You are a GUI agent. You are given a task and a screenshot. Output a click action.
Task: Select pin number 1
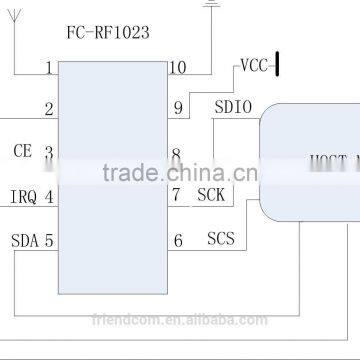[48, 69]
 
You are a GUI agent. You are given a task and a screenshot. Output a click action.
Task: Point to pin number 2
[48, 110]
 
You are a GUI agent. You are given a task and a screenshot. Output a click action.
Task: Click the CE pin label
[23, 151]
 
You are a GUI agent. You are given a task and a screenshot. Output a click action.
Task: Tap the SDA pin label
[24, 240]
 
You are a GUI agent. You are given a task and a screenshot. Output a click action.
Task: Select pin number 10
[177, 68]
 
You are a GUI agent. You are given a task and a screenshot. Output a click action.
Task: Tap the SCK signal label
[211, 195]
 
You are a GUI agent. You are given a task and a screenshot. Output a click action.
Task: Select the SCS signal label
[220, 239]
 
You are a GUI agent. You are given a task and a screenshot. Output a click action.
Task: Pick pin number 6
[177, 240]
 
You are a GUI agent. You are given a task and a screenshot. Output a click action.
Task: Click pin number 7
[176, 195]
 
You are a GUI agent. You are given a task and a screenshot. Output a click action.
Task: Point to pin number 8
[176, 155]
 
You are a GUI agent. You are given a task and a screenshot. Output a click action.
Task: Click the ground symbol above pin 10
[211, 4]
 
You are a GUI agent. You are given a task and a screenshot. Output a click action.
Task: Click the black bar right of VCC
[277, 66]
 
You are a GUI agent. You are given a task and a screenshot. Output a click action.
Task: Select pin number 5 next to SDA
[48, 240]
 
